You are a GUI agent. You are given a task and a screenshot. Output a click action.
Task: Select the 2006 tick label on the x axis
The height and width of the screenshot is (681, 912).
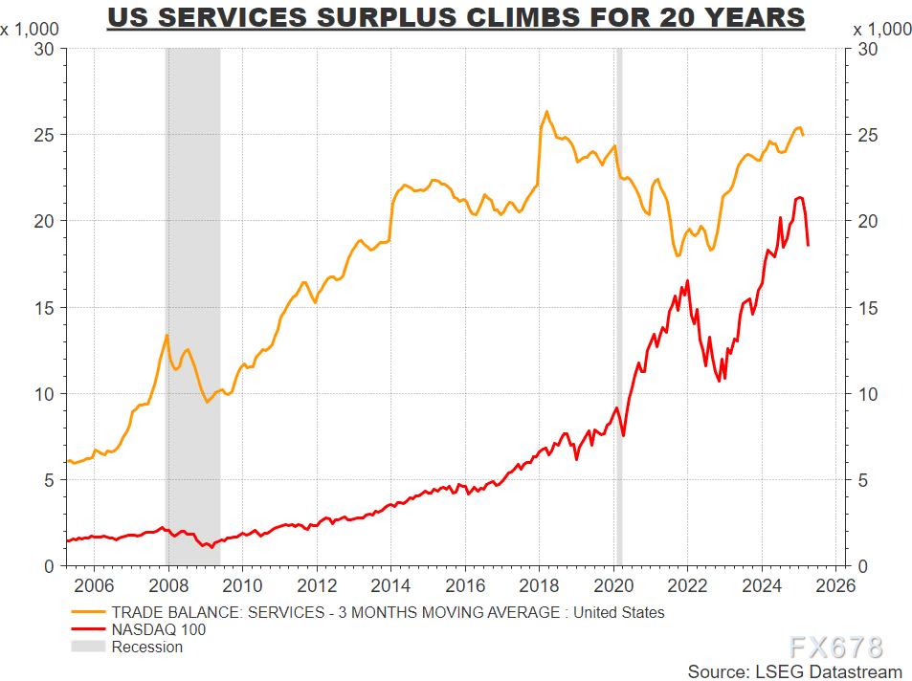tap(93, 584)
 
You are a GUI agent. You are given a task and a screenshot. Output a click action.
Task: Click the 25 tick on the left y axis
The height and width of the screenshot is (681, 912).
tap(44, 135)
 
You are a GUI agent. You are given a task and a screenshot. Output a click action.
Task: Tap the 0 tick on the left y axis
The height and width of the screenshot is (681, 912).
tap(49, 566)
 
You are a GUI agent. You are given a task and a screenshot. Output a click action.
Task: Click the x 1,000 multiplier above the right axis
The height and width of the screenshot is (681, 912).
tap(881, 29)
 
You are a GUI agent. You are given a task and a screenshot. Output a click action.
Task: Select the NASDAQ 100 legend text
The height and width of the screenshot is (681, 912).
tap(159, 629)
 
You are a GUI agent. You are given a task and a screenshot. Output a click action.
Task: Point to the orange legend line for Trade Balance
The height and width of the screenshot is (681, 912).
tap(88, 612)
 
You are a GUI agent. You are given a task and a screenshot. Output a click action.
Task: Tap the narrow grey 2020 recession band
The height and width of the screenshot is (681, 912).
tap(619, 306)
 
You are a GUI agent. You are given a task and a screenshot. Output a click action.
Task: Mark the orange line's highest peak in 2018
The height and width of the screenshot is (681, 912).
tap(546, 112)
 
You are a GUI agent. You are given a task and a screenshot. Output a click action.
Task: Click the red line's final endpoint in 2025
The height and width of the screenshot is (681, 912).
tap(808, 246)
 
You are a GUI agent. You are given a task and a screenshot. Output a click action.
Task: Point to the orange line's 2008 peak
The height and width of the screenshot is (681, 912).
tap(167, 335)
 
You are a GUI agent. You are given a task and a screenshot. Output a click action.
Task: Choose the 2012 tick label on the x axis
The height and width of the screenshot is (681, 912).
tap(316, 584)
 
